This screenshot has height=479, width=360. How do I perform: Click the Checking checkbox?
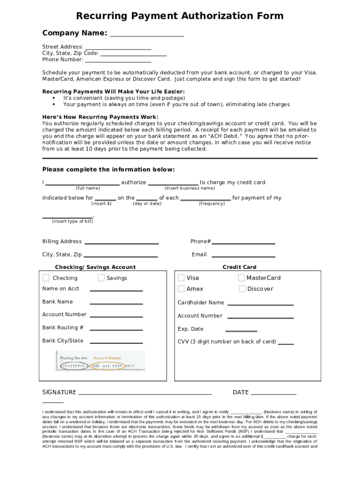click(x=46, y=278)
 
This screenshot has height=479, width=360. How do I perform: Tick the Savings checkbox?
click(x=101, y=278)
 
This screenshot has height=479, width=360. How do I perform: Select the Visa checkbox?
click(x=181, y=278)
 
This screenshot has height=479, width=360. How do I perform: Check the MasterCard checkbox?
click(x=241, y=278)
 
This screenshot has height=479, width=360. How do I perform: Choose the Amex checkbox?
click(x=181, y=289)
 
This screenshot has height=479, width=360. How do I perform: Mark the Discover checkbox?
click(x=242, y=289)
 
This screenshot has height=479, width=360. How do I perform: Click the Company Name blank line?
click(x=146, y=36)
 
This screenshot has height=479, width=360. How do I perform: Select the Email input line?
click(x=243, y=256)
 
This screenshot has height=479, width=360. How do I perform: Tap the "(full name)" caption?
click(x=87, y=188)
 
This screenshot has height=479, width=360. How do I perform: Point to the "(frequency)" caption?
click(x=212, y=203)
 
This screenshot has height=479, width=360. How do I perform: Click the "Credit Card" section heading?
click(x=239, y=267)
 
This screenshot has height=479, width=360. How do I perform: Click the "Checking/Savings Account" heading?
click(x=95, y=267)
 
